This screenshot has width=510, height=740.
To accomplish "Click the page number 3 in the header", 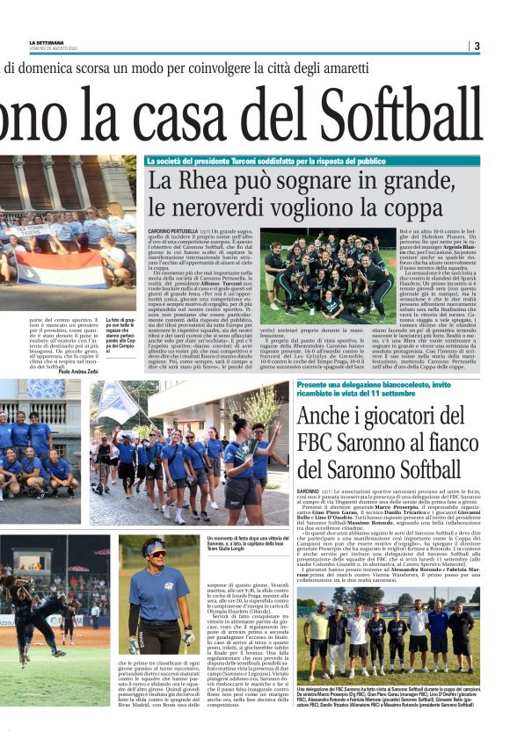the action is pyautogui.click(x=477, y=46).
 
